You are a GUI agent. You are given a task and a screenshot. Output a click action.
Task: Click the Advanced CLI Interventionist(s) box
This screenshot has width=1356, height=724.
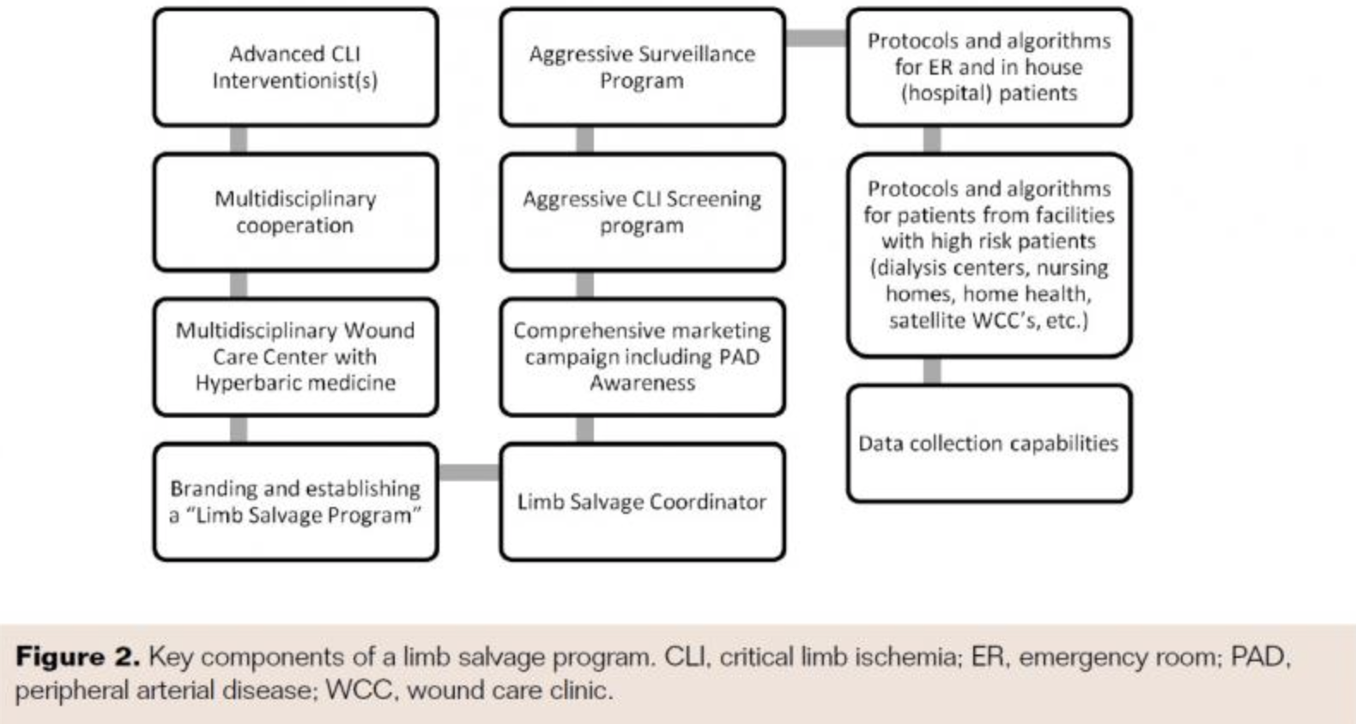[295, 67]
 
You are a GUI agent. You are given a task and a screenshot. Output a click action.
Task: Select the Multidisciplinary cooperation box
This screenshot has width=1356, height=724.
[295, 212]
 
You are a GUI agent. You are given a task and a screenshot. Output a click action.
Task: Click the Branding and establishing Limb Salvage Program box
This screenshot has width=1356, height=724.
[295, 502]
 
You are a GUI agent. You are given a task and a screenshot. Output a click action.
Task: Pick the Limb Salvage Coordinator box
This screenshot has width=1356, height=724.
[642, 502]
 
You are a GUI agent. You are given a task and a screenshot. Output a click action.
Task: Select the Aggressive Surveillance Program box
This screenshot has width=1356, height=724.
[642, 67]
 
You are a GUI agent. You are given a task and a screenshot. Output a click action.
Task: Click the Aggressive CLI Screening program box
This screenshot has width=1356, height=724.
[642, 212]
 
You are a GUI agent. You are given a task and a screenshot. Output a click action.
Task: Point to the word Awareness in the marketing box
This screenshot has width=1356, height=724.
[642, 383]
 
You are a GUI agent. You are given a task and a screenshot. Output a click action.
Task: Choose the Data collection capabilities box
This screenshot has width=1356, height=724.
[989, 443]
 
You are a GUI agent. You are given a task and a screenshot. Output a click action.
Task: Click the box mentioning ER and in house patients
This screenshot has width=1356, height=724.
[989, 67]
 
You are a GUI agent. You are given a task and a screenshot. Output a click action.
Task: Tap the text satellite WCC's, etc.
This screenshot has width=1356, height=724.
[989, 321]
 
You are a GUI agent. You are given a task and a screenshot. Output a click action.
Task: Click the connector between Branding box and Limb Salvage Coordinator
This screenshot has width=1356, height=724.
[469, 472]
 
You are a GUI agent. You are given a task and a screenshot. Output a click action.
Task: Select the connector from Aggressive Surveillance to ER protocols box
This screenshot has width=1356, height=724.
[815, 38]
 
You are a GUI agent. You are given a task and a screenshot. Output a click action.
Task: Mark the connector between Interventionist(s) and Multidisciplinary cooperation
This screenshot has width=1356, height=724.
[239, 140]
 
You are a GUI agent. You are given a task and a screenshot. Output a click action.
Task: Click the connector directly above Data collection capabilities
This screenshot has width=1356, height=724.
[932, 371]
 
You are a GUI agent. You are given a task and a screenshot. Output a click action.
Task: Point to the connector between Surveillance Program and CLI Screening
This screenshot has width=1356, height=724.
[584, 140]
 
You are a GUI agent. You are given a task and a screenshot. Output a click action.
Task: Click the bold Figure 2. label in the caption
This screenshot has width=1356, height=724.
[77, 657]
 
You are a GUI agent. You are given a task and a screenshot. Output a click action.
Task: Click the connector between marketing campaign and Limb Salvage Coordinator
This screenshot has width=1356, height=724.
[584, 430]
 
